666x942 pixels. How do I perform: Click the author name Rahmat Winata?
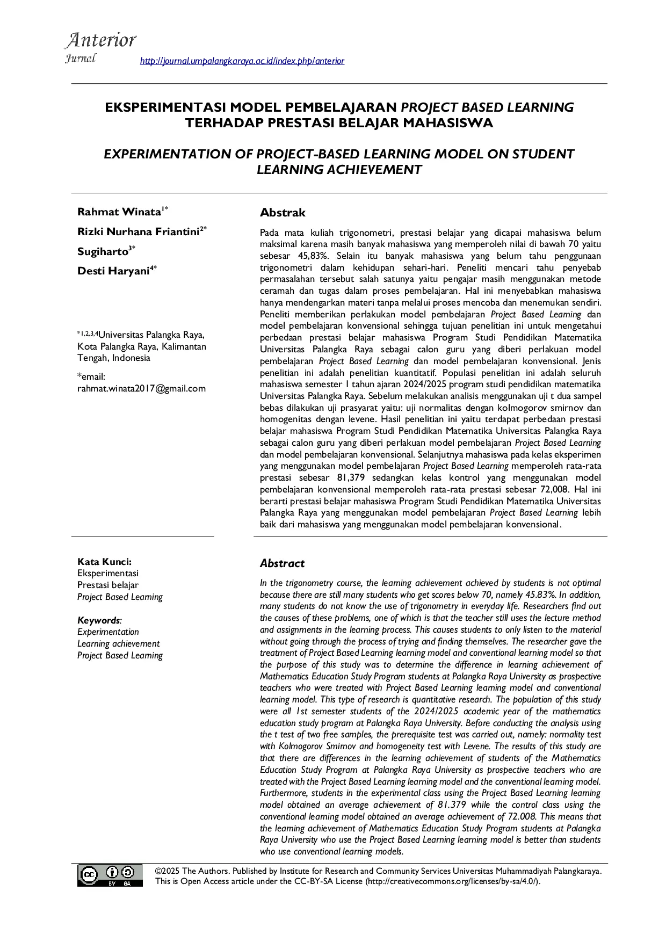(119, 212)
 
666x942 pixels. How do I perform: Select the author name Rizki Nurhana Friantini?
(139, 232)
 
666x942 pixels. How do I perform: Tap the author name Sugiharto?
(103, 251)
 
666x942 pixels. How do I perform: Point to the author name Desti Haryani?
(113, 271)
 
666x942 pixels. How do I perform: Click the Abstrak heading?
(283, 213)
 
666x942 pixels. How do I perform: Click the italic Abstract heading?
(282, 563)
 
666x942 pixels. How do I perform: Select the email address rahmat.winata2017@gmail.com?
(141, 388)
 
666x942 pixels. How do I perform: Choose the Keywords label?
(99, 620)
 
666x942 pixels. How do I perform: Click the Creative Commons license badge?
(110, 875)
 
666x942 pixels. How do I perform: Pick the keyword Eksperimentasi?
(108, 574)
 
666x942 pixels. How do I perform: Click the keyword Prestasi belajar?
(108, 585)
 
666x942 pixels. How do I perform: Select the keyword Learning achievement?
(118, 643)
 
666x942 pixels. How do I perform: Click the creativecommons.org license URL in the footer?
(452, 882)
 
